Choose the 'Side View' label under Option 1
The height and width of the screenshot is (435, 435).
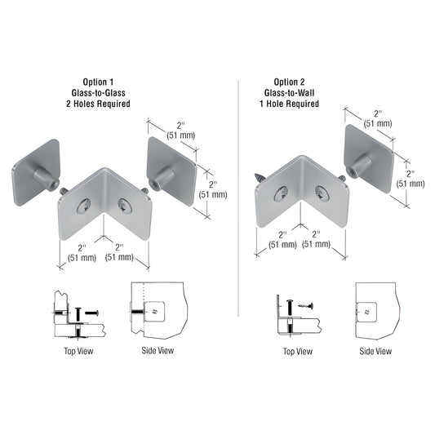tap(158, 351)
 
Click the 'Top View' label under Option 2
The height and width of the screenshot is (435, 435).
tap(297, 351)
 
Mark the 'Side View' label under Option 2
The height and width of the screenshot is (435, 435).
tap(375, 351)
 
